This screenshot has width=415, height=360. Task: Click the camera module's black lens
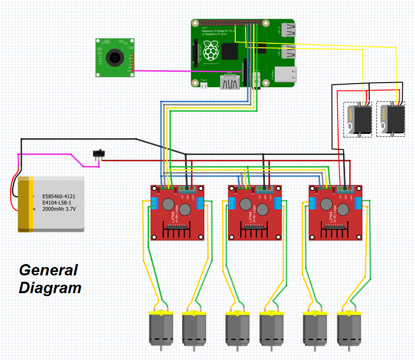(x=114, y=58)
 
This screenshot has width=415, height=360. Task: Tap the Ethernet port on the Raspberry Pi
(x=286, y=74)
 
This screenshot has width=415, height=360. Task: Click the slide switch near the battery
(x=99, y=153)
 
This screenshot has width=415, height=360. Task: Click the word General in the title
(x=48, y=270)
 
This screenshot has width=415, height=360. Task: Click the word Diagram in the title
(x=50, y=288)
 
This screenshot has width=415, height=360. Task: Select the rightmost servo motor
(x=392, y=119)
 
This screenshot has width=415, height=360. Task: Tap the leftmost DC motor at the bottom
(x=161, y=329)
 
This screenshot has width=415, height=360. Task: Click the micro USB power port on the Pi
(x=204, y=85)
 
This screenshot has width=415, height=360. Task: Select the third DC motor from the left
(x=237, y=329)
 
